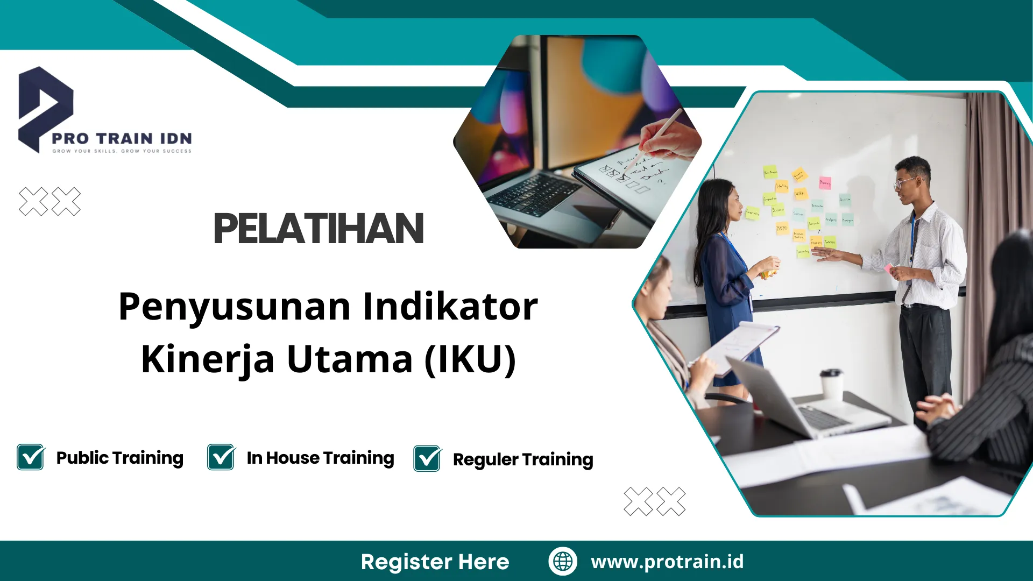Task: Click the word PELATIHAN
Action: click(319, 229)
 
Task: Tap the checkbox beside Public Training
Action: click(31, 457)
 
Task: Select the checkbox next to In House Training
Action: click(221, 457)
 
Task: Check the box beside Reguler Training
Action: click(427, 459)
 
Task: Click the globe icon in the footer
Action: click(563, 561)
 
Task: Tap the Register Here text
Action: click(435, 562)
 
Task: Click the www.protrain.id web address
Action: click(667, 561)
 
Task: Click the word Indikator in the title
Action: click(450, 307)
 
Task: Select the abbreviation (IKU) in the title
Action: click(470, 359)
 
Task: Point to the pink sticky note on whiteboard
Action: click(825, 183)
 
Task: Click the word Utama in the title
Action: click(350, 359)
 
